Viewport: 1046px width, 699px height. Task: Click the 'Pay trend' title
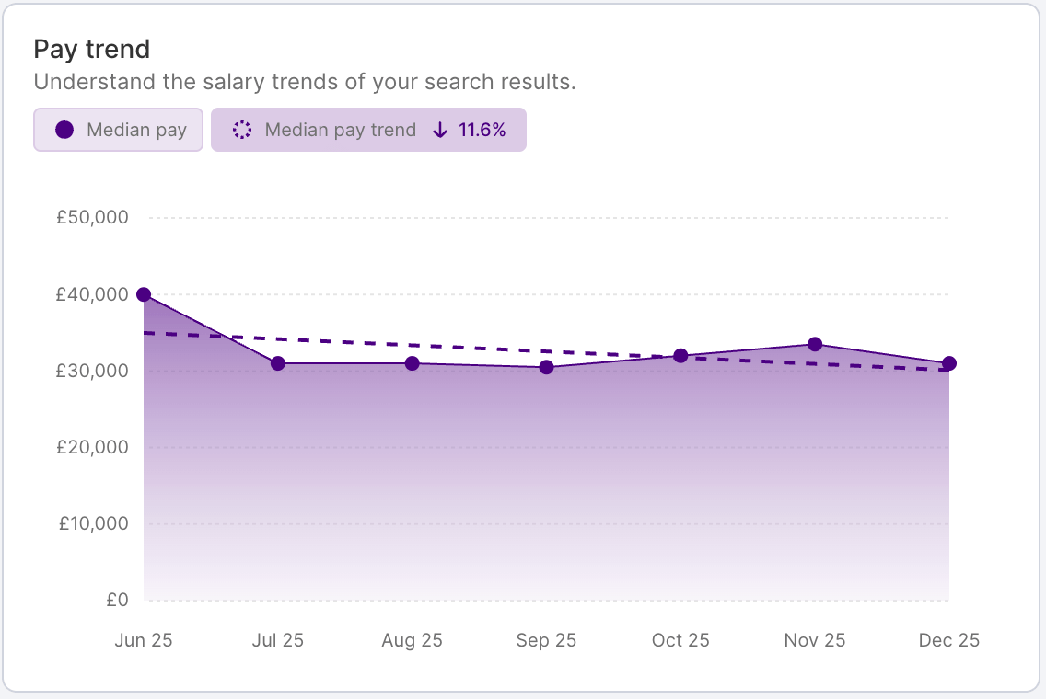click(91, 49)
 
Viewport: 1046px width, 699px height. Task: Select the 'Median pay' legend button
click(118, 130)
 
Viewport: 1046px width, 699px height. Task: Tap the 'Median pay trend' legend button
click(368, 130)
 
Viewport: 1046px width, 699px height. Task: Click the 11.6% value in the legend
click(482, 130)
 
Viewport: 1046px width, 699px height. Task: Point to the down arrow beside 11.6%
click(440, 130)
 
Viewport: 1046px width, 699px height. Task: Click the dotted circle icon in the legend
click(242, 130)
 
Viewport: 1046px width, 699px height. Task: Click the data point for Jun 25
click(144, 294)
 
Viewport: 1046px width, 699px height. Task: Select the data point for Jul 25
click(278, 363)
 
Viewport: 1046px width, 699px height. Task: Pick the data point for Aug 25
click(413, 363)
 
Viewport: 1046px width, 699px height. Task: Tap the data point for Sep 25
click(547, 368)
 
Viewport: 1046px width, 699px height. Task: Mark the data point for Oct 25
click(680, 356)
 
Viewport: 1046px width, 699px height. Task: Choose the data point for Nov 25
click(815, 344)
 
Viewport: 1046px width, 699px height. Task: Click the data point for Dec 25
click(949, 363)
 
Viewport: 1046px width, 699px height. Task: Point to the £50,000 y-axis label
click(92, 218)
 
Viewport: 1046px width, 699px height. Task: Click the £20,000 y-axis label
click(92, 447)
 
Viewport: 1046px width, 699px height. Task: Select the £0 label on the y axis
click(117, 600)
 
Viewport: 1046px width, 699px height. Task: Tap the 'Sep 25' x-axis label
click(546, 640)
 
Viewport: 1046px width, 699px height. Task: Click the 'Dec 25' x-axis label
click(948, 640)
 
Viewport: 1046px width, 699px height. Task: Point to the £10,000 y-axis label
click(92, 523)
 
